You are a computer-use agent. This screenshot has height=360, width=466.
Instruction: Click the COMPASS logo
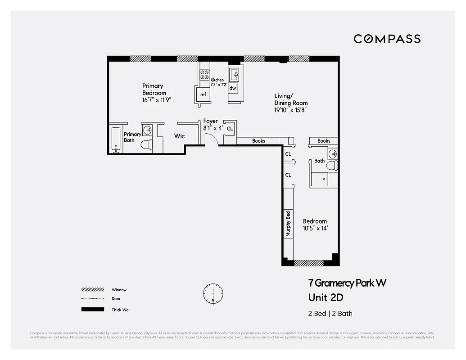387,39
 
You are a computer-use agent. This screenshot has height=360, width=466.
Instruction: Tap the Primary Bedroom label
153,89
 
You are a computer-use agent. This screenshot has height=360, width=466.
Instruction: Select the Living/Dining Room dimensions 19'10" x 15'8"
291,110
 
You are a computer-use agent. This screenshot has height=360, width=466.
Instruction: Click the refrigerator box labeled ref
203,94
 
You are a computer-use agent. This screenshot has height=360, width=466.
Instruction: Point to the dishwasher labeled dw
233,88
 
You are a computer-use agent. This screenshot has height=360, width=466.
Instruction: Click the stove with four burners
204,75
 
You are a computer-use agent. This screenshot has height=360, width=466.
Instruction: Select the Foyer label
210,121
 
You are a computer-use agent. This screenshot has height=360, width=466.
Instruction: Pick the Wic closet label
179,136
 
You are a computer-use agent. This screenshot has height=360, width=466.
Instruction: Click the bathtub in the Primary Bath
116,140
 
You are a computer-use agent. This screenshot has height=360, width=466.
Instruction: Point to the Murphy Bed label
288,224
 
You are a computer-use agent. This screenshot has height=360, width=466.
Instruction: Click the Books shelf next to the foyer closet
258,141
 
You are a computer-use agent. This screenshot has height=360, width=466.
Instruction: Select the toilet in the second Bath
332,166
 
